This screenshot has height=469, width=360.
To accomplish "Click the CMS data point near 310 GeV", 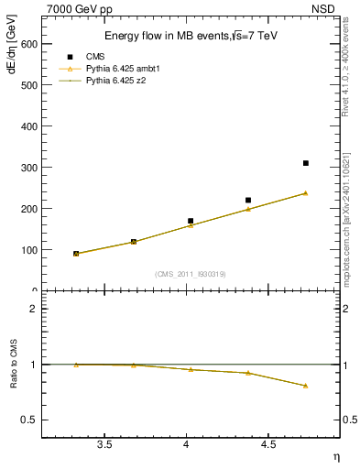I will point(305,163).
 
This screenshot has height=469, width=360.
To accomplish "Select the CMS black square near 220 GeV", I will point(248,200).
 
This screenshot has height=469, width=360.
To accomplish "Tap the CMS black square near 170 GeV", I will point(191,221).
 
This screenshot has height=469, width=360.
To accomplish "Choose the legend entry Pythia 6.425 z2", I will point(116,81).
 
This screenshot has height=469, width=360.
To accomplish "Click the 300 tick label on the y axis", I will point(28,168).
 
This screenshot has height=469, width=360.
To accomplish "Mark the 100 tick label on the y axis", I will point(28,250).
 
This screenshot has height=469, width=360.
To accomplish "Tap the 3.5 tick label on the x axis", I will point(104,444).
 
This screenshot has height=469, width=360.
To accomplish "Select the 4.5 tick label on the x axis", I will point(267,444).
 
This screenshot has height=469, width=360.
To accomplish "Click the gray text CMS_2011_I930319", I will point(191,274).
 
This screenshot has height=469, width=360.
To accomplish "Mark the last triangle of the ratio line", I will point(305,386).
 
